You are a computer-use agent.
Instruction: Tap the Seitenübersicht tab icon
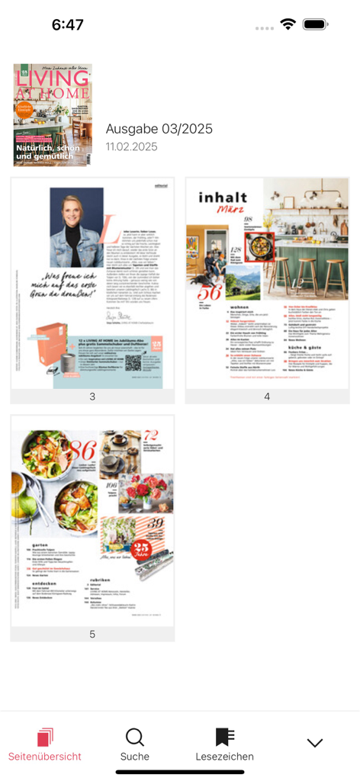45,738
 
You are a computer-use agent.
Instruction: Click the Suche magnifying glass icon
134,738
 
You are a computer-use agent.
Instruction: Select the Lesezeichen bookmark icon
224,737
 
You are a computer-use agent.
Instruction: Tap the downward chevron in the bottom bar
314,743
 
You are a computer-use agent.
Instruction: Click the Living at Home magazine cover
53,115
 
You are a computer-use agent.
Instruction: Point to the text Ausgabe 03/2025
159,129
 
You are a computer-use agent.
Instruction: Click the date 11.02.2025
132,146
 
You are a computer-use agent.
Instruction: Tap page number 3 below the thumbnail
92,397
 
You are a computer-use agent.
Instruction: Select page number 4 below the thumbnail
267,397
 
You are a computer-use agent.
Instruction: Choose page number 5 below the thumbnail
92,634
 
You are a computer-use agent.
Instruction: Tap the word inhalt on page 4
223,198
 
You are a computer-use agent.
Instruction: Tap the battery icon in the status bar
315,24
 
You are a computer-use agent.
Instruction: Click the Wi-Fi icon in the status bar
288,24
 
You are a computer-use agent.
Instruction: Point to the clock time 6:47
67,24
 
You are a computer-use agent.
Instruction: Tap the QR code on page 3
133,362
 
